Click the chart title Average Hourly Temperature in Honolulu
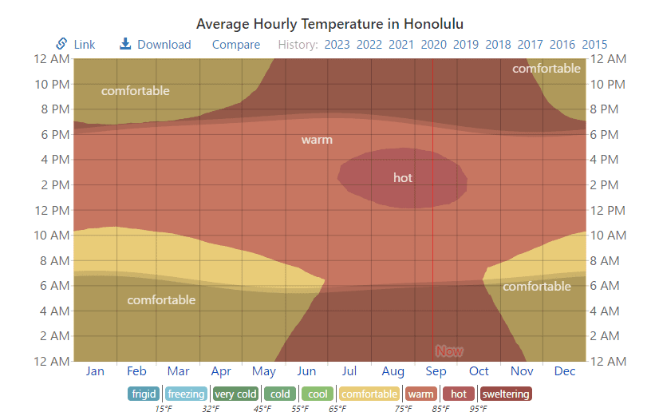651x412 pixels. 329,23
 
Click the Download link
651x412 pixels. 164,45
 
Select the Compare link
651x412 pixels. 236,45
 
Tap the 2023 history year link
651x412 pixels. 337,45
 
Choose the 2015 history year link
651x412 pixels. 594,45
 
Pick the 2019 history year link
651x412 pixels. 466,45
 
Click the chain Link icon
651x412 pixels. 61,44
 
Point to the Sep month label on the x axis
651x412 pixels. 436,370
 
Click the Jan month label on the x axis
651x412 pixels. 95,370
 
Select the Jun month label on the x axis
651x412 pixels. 306,370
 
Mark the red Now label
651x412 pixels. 449,351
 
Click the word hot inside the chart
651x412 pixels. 403,177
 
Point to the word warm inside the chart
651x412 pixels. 317,140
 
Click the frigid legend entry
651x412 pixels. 144,394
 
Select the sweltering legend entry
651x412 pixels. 506,394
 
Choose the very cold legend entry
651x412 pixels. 236,394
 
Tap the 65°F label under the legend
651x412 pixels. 338,408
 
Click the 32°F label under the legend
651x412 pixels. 211,408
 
